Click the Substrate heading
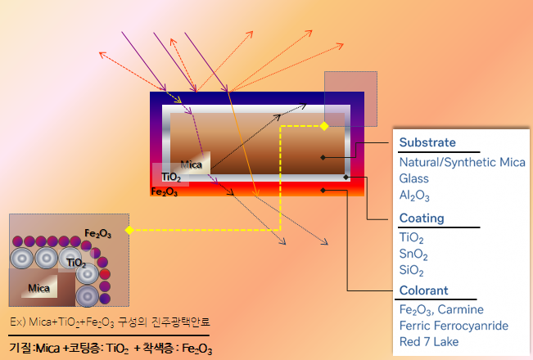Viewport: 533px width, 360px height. pos(427,143)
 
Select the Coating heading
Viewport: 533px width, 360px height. pos(422,218)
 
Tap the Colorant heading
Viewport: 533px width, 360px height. pos(424,290)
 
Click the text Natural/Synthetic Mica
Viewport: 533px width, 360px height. pos(462,163)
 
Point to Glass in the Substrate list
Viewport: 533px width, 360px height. pos(414,179)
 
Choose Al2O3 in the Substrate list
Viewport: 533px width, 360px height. pos(414,196)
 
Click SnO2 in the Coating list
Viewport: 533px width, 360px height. pos(415,254)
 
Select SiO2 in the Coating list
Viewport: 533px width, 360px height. pos(413,270)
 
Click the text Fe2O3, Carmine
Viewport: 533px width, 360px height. pos(441,309)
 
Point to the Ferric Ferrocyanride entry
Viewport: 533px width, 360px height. pos(454,326)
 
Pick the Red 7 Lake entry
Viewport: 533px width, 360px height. pos(431,342)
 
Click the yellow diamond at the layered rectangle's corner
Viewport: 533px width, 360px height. pos(323,126)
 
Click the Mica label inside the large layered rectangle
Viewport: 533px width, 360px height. pos(191,164)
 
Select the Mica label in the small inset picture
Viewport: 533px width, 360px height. pos(38,288)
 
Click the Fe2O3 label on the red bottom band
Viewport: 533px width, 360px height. pos(165,191)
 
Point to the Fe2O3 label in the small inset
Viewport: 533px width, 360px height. pos(98,234)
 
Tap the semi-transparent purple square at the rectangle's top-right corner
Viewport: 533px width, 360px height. pos(350,99)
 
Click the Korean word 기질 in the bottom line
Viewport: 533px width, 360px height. pos(19,349)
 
